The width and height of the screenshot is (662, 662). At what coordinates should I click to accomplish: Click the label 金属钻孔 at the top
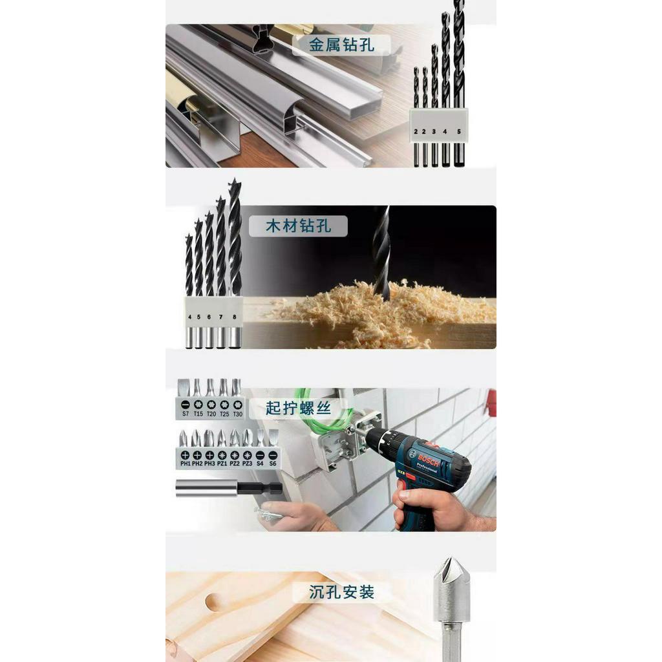point(342,44)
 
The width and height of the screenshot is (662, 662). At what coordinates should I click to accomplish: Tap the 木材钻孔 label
point(298,226)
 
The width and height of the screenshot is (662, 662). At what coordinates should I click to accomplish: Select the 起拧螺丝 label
point(298,408)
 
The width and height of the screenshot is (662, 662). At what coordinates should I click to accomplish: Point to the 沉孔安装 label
point(342,592)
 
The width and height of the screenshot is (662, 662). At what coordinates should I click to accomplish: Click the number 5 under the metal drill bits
point(459,131)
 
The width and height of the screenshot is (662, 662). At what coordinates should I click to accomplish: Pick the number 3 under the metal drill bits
point(434,131)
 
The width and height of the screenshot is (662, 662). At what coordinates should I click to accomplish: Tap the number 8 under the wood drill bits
point(234,317)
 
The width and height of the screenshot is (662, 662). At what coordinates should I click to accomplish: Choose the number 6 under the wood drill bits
point(209,317)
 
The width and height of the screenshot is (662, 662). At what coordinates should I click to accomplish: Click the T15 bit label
point(198,414)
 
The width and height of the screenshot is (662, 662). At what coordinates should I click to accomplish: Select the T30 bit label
point(237,414)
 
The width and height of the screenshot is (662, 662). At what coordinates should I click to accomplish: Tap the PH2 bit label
point(197,464)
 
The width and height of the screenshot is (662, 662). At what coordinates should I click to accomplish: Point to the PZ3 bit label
point(247,464)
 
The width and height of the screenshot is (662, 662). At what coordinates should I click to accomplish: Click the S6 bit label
point(272,464)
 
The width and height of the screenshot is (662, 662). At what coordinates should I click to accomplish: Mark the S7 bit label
point(185,414)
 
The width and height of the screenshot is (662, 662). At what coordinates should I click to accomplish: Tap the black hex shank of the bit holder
point(261,488)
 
